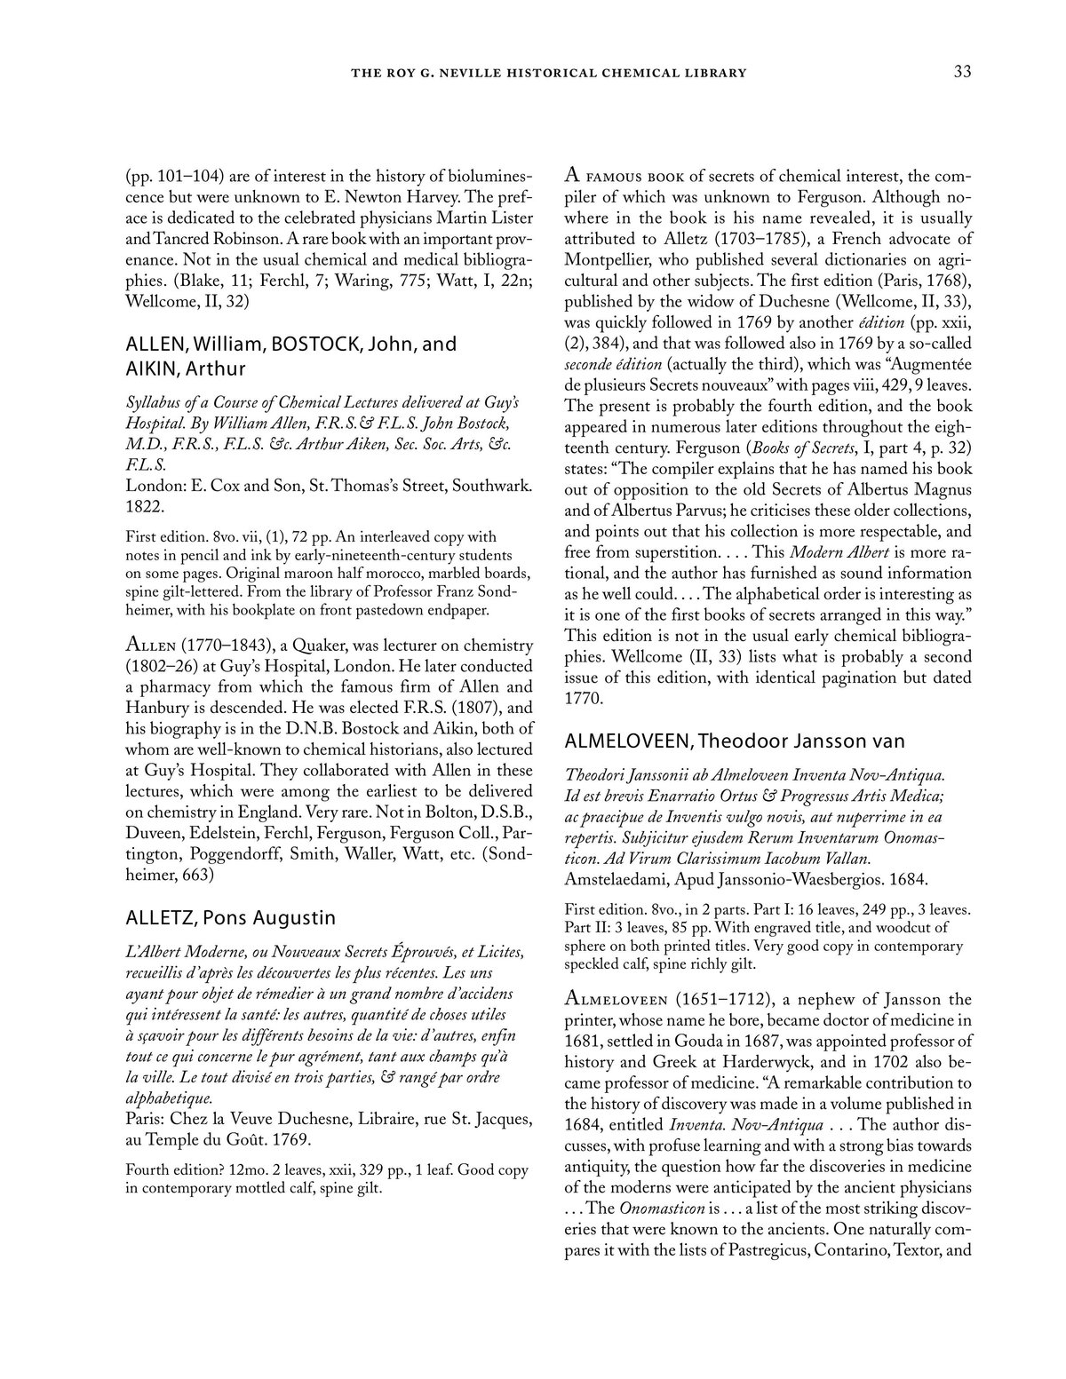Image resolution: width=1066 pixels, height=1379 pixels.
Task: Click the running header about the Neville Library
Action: pos(549,73)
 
